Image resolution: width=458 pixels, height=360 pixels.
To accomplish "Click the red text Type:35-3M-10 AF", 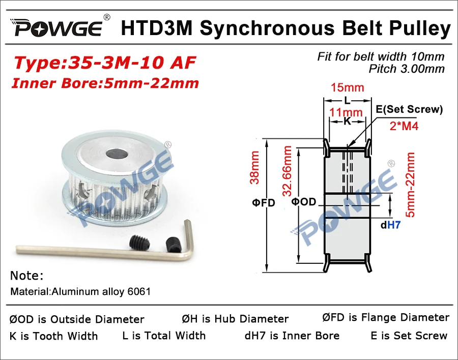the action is click(105, 63).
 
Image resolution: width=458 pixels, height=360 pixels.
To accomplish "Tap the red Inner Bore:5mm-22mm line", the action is click(106, 83).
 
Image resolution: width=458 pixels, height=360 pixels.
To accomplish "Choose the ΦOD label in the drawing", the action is click(304, 202).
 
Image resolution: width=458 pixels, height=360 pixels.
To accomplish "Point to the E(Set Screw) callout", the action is click(409, 109).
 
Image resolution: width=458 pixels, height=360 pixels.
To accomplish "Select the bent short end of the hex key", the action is click(188, 239).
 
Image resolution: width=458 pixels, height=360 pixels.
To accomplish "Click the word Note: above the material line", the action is click(27, 276).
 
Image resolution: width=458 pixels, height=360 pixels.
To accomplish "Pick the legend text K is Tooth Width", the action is click(53, 336).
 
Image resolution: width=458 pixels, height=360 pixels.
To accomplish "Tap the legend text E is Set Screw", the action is click(409, 336).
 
